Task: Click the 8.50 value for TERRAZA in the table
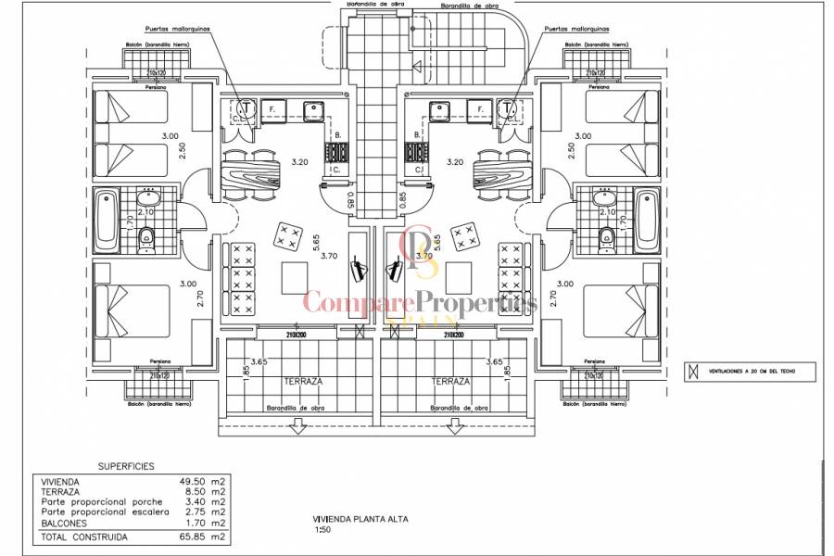coord(190,492)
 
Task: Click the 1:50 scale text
coord(321,531)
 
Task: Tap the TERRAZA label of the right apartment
coord(450,381)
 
